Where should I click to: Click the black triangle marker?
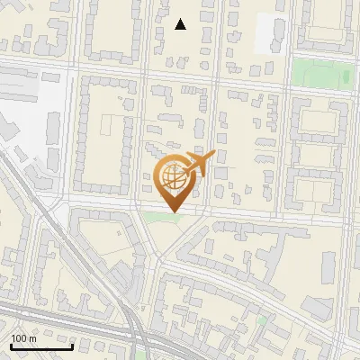point(180,24)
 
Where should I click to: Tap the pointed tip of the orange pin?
point(173,212)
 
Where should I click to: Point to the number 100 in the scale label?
point(18,338)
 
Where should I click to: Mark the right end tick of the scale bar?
point(72,346)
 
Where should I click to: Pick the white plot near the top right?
point(269,33)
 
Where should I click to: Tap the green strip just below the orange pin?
point(158,216)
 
